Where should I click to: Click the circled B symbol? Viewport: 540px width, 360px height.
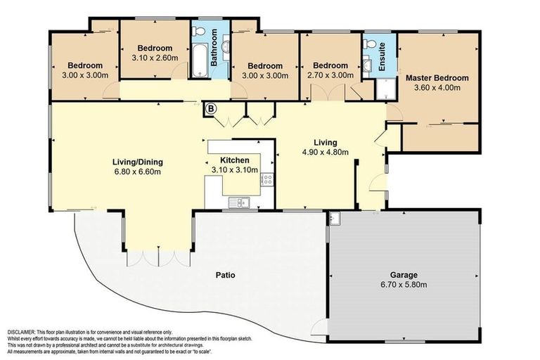(x=210, y=108)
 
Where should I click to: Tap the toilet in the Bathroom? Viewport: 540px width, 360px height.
(x=200, y=31)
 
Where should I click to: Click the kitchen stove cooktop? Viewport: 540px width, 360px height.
(x=267, y=179)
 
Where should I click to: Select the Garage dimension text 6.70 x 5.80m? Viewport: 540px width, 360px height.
(x=404, y=285)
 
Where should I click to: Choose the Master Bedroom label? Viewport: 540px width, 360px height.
(x=437, y=77)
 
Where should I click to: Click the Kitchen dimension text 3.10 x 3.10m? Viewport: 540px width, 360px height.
(x=235, y=169)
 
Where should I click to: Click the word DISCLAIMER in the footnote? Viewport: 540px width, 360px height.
(x=25, y=332)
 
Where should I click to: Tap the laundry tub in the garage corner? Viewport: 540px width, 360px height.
(x=333, y=218)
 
